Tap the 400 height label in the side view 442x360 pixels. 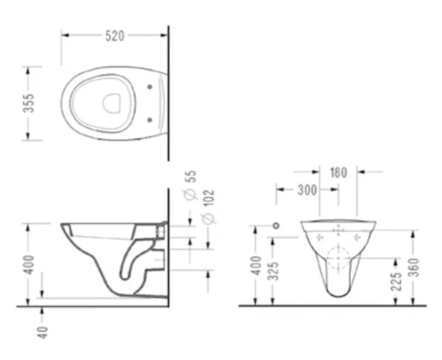tap(28, 263)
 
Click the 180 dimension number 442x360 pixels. tap(338, 173)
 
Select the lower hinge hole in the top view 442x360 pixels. tap(154, 118)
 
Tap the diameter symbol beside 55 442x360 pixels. tap(190, 194)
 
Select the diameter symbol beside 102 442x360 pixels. tap(210, 218)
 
